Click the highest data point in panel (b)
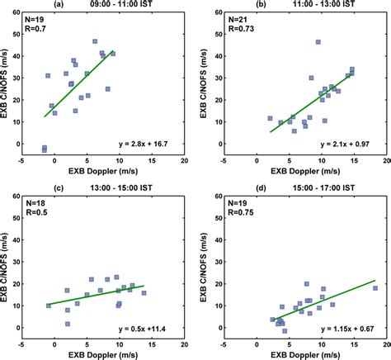pos(318,41)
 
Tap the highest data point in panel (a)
pos(95,40)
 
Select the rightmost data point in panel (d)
pos(375,288)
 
